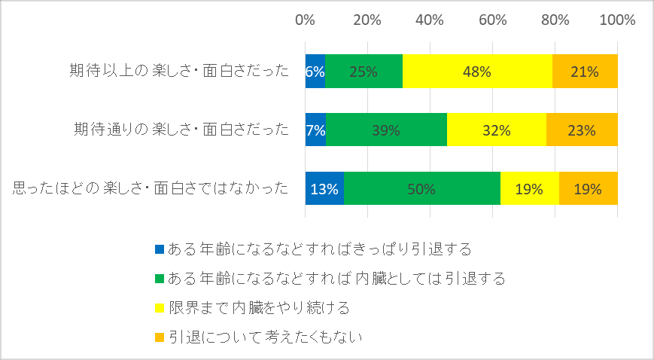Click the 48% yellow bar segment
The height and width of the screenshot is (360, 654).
click(x=477, y=72)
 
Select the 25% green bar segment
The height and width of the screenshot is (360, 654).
click(x=364, y=72)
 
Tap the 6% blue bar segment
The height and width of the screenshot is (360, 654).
click(x=315, y=72)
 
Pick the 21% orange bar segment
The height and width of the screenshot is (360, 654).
click(x=586, y=72)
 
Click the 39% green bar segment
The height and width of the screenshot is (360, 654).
click(x=386, y=130)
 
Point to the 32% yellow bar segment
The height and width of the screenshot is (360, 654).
click(x=497, y=130)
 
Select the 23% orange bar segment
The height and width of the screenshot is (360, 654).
click(x=582, y=130)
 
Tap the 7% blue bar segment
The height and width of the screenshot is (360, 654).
click(x=315, y=130)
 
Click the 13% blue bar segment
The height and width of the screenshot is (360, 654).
click(x=324, y=188)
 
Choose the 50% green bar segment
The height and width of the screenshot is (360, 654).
click(x=422, y=188)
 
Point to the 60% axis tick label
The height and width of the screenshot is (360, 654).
click(x=493, y=20)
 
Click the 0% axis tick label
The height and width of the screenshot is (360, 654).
click(x=305, y=20)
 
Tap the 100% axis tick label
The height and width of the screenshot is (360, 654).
click(x=617, y=20)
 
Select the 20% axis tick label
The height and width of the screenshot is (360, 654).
click(x=367, y=20)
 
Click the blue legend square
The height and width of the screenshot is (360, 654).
click(x=160, y=249)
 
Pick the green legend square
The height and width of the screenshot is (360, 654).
click(x=160, y=279)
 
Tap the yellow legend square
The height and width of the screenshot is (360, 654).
click(x=160, y=308)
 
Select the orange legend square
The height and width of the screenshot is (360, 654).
click(x=160, y=337)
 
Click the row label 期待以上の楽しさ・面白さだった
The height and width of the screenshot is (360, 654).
click(x=179, y=71)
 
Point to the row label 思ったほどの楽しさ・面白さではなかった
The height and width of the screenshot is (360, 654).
click(x=151, y=188)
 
